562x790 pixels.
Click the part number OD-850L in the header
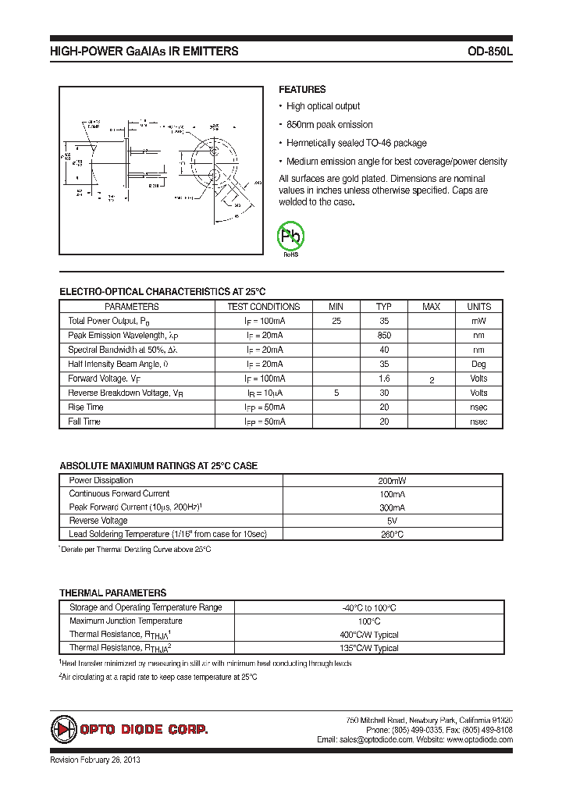(x=489, y=52)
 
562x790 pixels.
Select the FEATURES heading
(x=302, y=90)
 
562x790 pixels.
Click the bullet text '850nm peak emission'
(x=329, y=125)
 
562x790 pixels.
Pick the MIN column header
(x=336, y=307)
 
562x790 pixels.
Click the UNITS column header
(x=478, y=307)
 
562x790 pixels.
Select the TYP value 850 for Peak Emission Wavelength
(x=383, y=335)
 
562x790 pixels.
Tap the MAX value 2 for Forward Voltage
(x=431, y=379)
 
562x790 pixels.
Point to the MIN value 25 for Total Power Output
(x=336, y=321)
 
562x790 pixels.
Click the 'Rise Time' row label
(x=86, y=407)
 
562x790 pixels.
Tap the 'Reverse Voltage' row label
(x=98, y=521)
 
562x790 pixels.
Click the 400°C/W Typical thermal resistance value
(x=369, y=635)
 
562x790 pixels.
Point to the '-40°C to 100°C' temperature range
(x=369, y=607)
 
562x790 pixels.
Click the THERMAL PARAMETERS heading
(x=113, y=592)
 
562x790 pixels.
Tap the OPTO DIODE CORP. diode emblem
(x=64, y=729)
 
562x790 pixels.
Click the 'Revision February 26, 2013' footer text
(x=95, y=760)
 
